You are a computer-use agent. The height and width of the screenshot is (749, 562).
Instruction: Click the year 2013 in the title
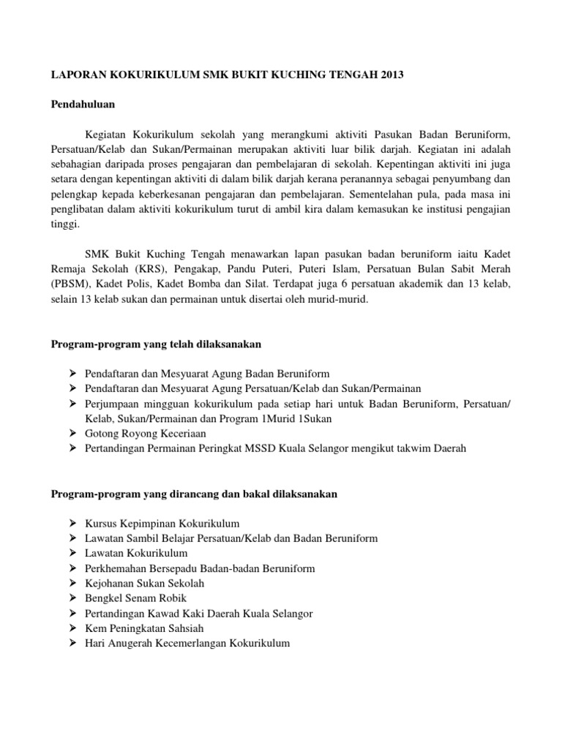click(391, 75)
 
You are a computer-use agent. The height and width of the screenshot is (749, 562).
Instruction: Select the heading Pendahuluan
click(82, 105)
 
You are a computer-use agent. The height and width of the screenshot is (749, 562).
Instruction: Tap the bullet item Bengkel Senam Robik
click(134, 598)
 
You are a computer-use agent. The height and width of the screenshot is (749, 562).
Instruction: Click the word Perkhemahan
click(119, 568)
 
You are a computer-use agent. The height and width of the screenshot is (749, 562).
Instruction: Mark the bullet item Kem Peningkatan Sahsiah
click(144, 628)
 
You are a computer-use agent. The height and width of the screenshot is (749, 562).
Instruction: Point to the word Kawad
click(165, 613)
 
